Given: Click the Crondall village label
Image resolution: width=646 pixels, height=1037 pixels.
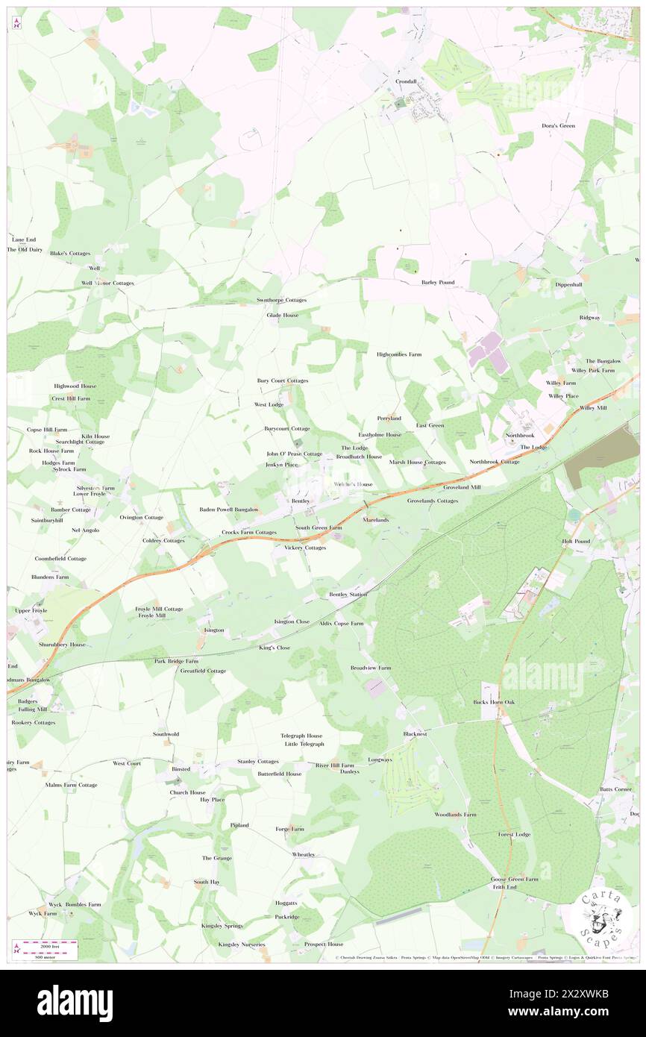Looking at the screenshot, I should [406, 81].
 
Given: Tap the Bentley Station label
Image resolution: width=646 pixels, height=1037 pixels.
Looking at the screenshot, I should [348, 595].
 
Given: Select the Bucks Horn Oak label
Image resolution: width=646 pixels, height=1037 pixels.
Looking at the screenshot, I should [494, 702].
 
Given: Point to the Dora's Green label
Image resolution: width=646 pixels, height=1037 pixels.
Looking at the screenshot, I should [558, 126].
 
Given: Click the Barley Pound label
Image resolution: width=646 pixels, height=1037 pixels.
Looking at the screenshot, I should [438, 283].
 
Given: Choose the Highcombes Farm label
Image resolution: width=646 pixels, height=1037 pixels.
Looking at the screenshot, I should [398, 354].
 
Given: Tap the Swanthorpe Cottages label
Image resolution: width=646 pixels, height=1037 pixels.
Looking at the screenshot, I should [277, 300].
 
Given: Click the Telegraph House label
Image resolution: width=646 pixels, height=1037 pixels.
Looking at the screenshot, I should [301, 735].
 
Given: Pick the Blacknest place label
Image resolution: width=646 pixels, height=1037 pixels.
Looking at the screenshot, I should [415, 733].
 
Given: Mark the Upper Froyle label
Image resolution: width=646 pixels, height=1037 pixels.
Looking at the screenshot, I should [31, 610].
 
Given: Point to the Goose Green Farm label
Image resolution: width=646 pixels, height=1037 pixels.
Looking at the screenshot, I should [514, 879].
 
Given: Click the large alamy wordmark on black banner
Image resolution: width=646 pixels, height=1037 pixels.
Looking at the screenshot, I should [75, 1003].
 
